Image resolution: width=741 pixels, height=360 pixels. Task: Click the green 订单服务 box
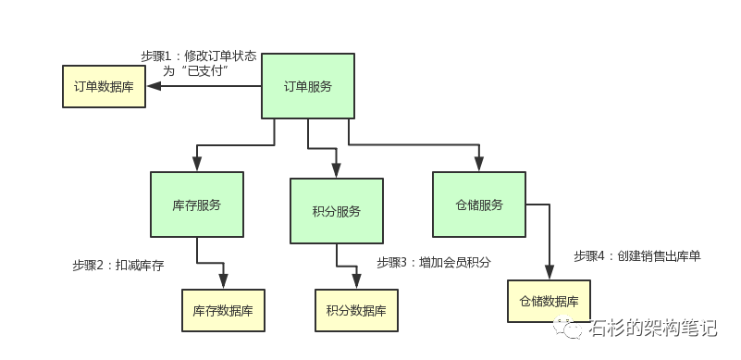coord(307,87)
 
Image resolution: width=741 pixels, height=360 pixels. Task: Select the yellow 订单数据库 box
coord(104,86)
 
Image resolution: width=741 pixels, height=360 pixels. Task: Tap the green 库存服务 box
coord(196,205)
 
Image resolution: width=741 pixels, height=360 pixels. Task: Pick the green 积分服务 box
coord(336,211)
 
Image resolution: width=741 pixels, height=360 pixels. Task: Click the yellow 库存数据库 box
coord(223,310)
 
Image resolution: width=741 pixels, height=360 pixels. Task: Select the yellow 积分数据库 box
coord(356,310)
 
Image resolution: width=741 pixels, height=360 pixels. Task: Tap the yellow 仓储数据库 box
coord(549,302)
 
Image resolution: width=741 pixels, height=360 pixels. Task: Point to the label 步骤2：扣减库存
coord(117,266)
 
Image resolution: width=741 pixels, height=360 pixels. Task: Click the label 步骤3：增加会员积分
coord(433,262)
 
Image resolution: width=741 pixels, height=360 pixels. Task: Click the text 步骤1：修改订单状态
coord(198,56)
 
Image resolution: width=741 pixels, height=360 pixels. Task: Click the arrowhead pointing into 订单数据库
coord(154,86)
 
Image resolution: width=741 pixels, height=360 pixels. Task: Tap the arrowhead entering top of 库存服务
coord(196,163)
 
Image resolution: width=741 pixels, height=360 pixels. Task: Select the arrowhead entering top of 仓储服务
coord(479,163)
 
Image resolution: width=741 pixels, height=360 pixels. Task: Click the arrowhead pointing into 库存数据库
coord(223,280)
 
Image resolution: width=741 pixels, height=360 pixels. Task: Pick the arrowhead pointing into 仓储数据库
coord(549,272)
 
